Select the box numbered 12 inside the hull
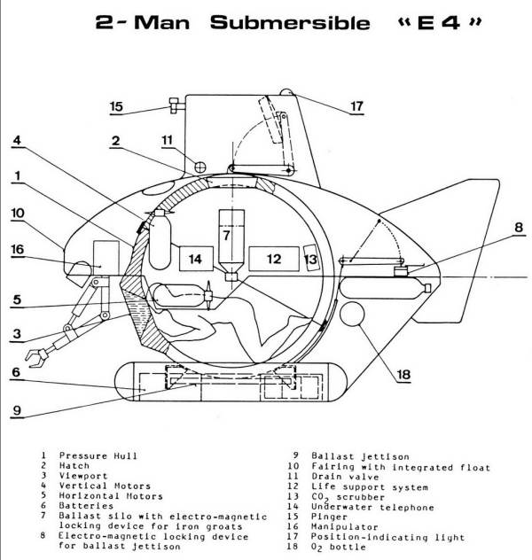[272, 259]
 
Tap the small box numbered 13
[309, 258]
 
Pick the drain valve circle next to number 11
[200, 166]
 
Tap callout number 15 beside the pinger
[116, 107]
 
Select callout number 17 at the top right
[356, 106]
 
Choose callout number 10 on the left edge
[18, 213]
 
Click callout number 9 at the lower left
[18, 409]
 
